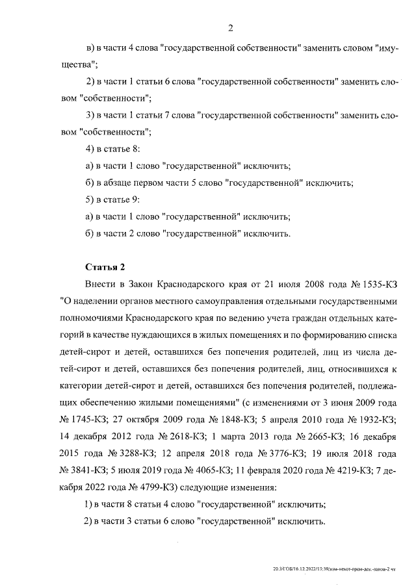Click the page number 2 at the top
click(230, 27)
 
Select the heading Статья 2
click(103, 267)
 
